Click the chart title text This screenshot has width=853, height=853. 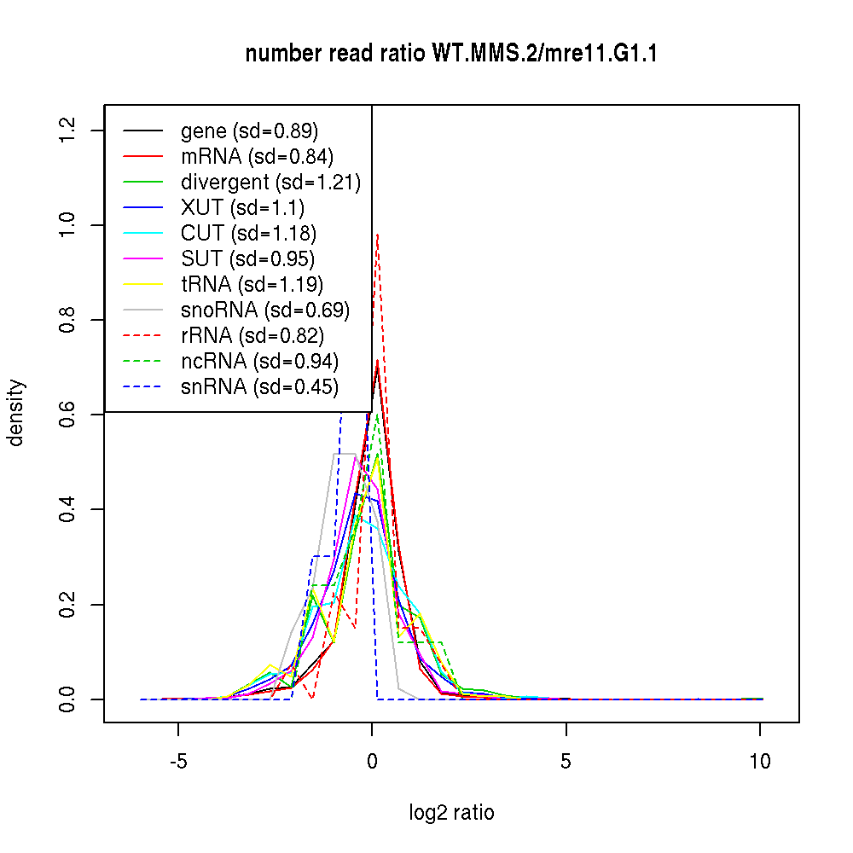click(451, 54)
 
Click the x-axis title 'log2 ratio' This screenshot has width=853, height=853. click(451, 812)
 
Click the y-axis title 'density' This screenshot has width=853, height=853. click(16, 414)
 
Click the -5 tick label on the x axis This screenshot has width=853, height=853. click(177, 760)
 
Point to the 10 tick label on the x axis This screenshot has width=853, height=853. click(759, 760)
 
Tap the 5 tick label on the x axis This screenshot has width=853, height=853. click(566, 760)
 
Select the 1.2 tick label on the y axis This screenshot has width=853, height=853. click(68, 130)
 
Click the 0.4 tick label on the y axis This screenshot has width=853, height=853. click(68, 509)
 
